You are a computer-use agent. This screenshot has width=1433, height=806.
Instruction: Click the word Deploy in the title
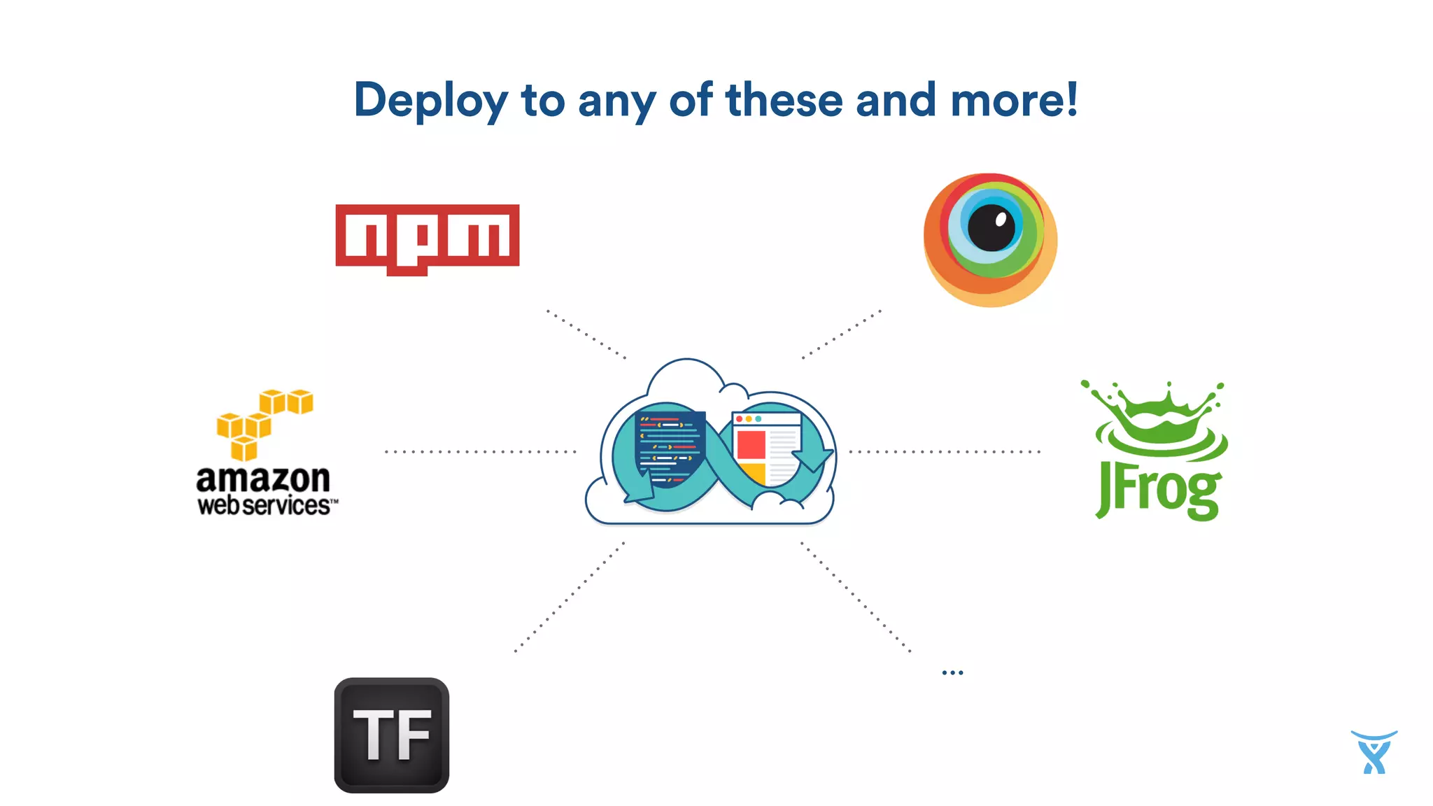[x=430, y=101]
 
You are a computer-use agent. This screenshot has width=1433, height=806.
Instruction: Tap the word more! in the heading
[x=1014, y=99]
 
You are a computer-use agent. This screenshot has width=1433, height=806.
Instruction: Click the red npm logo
[x=428, y=237]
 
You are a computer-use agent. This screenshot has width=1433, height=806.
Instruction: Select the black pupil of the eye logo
[x=991, y=227]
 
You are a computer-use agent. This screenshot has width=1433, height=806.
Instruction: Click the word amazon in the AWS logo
[x=263, y=479]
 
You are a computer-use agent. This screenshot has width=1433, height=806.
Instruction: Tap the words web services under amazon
[x=266, y=505]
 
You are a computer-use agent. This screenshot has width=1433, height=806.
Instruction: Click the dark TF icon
[x=392, y=735]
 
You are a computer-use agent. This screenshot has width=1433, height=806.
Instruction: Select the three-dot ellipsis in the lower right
[x=952, y=672]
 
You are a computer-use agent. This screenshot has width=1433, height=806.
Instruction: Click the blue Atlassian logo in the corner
[x=1374, y=752]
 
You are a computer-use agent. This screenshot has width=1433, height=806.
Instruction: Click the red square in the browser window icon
[x=751, y=445]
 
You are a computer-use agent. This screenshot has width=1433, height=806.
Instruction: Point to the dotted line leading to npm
[x=586, y=334]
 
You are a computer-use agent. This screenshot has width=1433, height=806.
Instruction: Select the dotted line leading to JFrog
[x=945, y=452]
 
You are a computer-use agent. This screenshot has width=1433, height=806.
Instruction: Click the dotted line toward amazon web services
[x=481, y=452]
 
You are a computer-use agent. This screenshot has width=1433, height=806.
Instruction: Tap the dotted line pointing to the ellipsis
[x=855, y=596]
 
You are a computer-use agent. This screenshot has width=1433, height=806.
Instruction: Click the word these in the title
[x=784, y=99]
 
